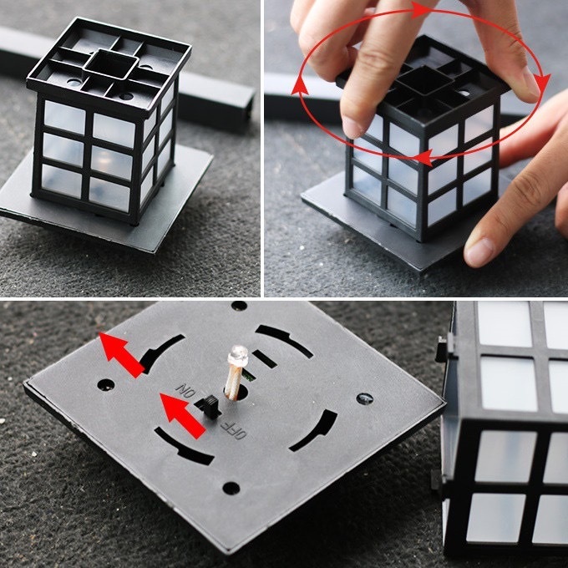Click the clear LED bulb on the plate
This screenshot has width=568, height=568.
coord(237,355)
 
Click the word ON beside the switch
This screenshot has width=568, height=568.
coord(185,391)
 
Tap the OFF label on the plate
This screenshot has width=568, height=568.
coord(234,429)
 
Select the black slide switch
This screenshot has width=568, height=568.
coord(210,407)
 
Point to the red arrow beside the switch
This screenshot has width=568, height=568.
coord(183,415)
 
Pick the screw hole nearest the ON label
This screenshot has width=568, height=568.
coord(106,385)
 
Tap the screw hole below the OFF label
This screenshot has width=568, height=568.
coord(231,489)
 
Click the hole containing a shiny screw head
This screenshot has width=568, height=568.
coord(365,398)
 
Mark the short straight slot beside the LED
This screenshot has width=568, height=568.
coord(265,359)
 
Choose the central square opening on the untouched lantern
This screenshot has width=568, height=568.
coord(110,64)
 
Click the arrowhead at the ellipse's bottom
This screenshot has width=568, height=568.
coord(423,158)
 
